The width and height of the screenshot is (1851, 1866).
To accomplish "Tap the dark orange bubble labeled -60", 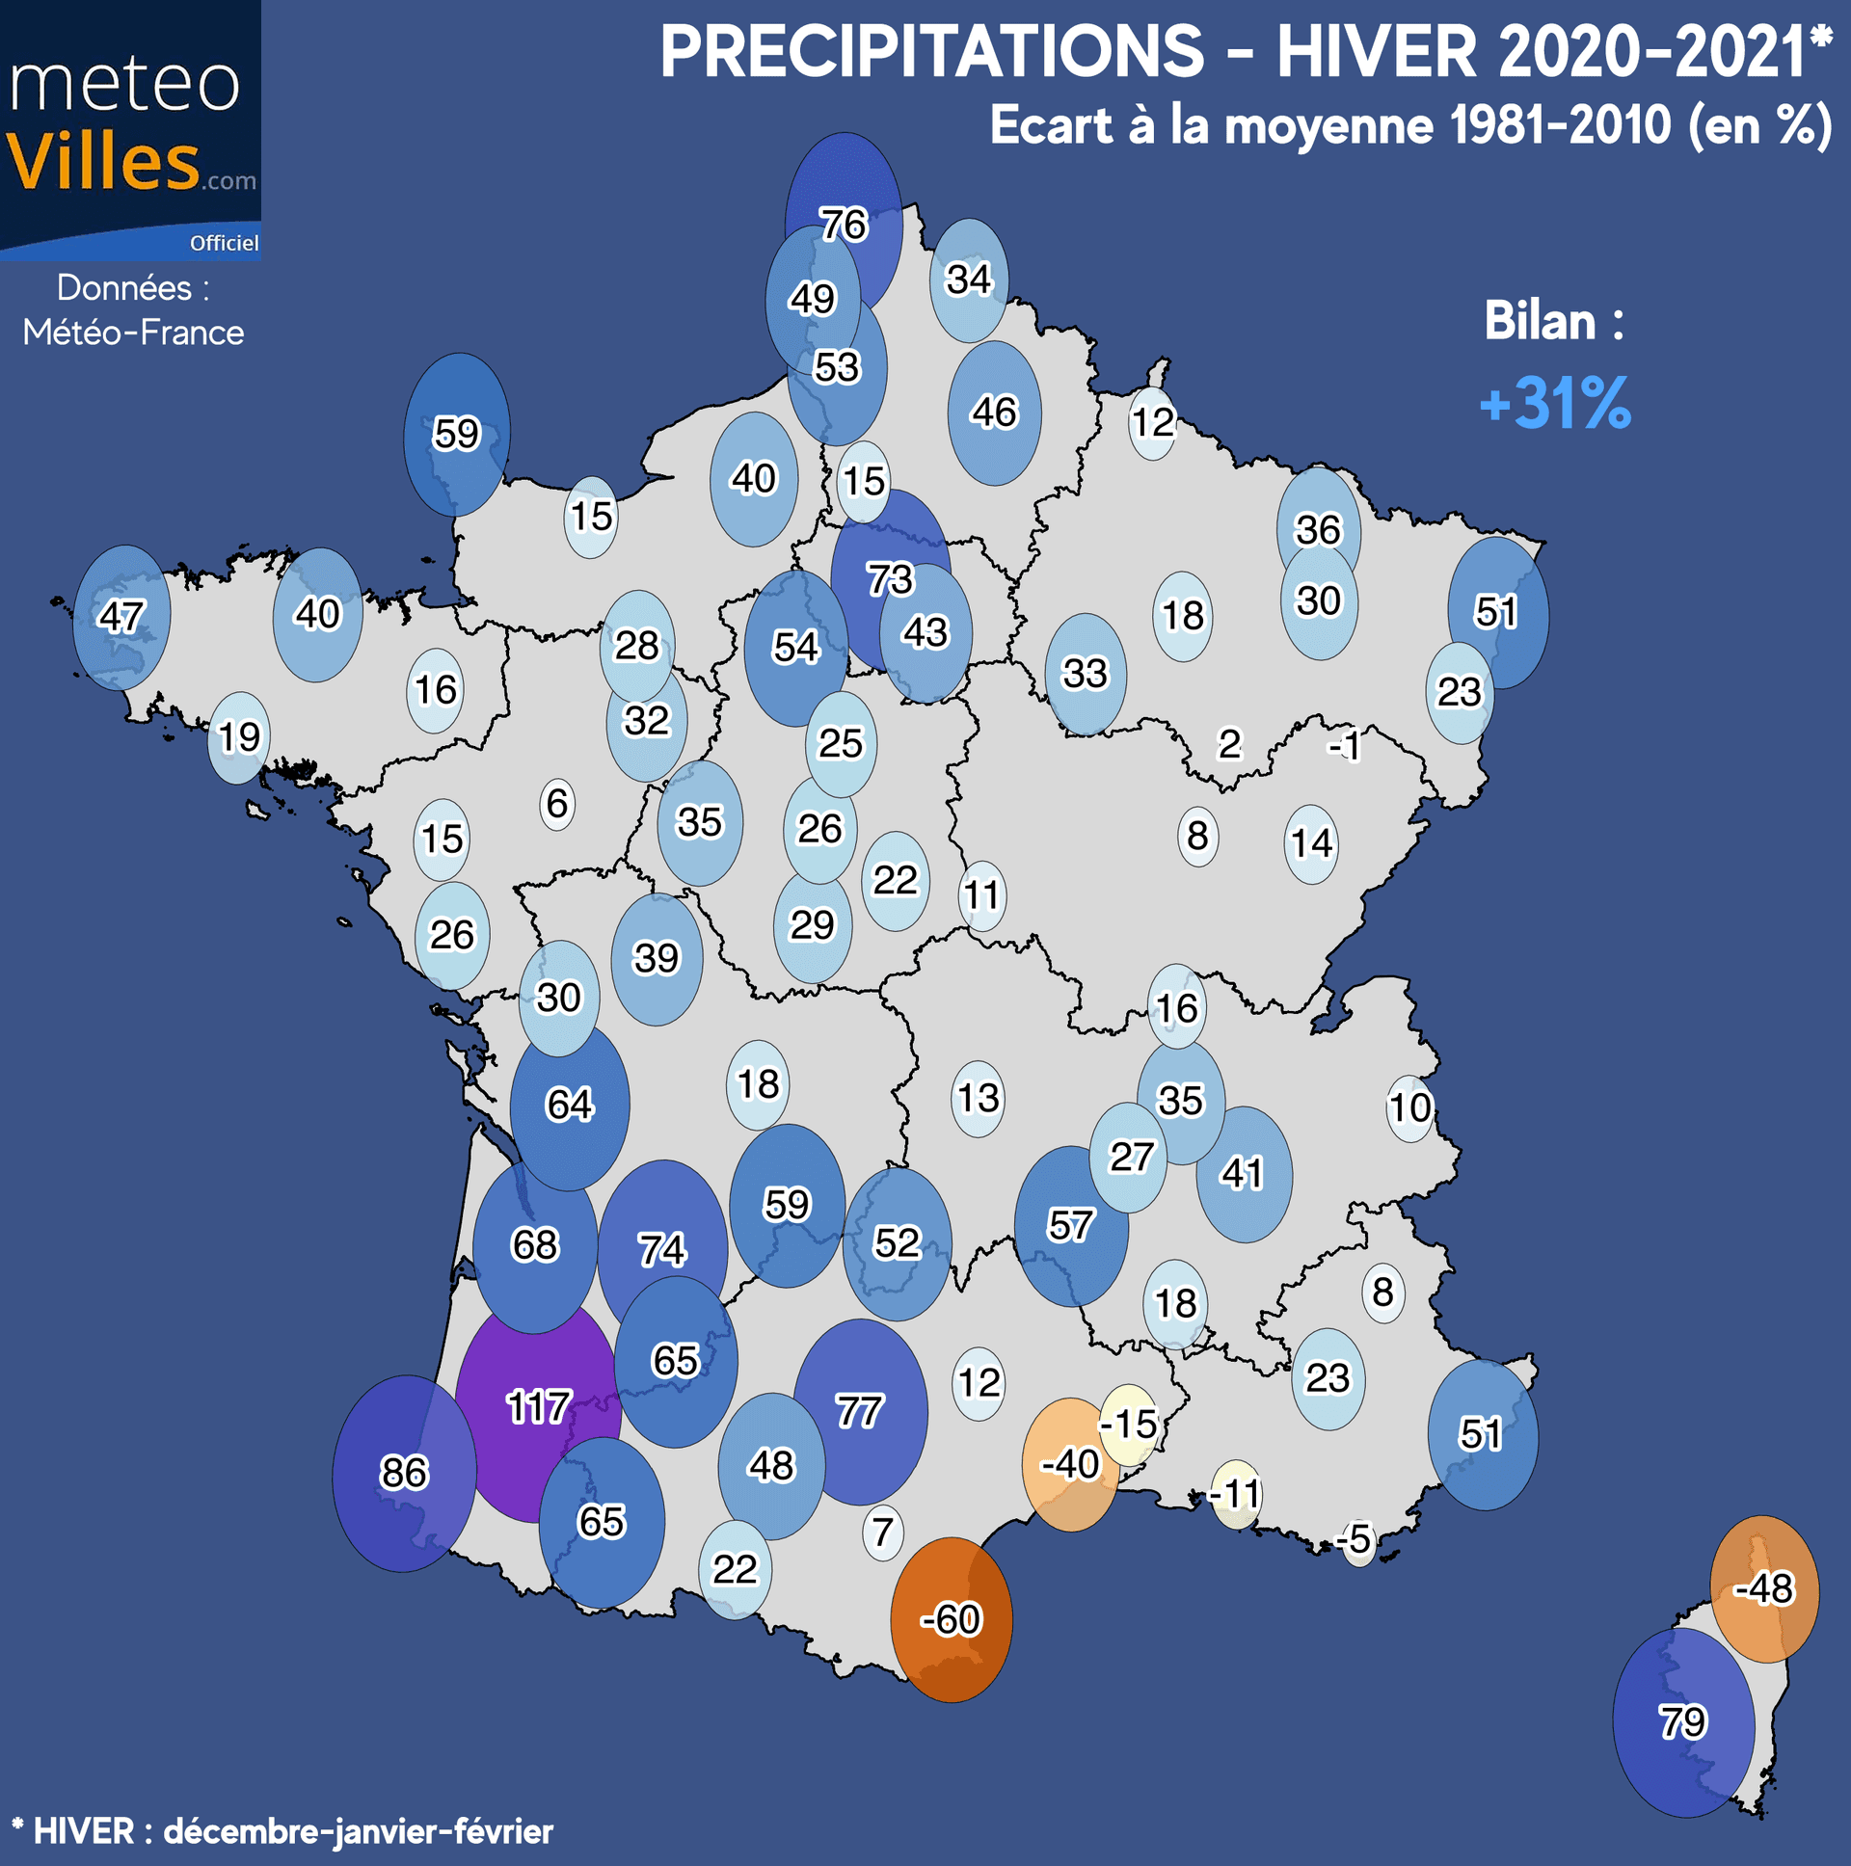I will (951, 1619).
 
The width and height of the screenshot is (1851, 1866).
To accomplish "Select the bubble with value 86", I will (404, 1473).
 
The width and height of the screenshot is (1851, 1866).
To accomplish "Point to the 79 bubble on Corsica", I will (1683, 1721).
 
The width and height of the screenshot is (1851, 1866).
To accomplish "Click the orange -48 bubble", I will (1764, 1588).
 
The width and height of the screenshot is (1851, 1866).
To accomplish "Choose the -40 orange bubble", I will (1069, 1464).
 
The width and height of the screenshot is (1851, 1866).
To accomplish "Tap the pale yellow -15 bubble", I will (1128, 1424).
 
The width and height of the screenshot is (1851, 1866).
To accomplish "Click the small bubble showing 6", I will (557, 804).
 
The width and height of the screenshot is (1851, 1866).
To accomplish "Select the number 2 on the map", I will (1229, 745).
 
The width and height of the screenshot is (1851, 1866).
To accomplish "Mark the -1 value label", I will (1345, 746).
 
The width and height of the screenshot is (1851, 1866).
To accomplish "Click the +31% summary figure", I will (1555, 403).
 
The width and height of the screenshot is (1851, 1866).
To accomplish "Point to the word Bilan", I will (1540, 322).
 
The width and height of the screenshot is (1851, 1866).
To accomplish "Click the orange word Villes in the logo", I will (104, 162).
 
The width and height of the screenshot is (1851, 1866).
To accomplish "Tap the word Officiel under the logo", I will (224, 244).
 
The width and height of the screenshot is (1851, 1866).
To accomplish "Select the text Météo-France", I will (133, 333).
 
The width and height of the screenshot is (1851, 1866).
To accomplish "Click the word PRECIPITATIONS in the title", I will (932, 52).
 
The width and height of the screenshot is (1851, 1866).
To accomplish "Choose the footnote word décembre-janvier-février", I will (359, 1831).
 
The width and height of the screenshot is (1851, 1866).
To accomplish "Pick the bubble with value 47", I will (121, 616).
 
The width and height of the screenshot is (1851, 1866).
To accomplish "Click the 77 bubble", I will (859, 1412).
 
